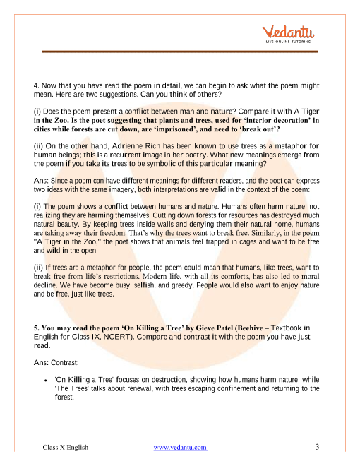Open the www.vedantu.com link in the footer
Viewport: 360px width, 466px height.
(180, 448)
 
